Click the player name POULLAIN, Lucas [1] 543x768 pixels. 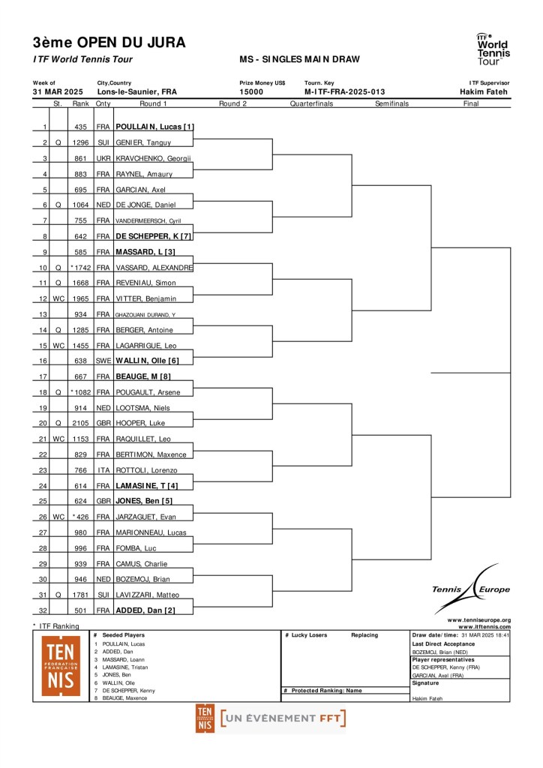point(154,127)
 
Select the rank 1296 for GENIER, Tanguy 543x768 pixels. point(81,142)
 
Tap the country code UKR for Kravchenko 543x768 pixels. point(103,158)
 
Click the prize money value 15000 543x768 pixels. point(251,92)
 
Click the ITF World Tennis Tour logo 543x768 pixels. point(493,49)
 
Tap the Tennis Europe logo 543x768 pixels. point(471,589)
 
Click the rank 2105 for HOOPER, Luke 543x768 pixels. point(81,424)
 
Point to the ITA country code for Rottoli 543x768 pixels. point(103,470)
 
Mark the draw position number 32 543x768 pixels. point(43,610)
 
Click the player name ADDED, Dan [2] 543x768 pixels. point(145,610)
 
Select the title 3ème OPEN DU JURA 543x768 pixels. point(109,43)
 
